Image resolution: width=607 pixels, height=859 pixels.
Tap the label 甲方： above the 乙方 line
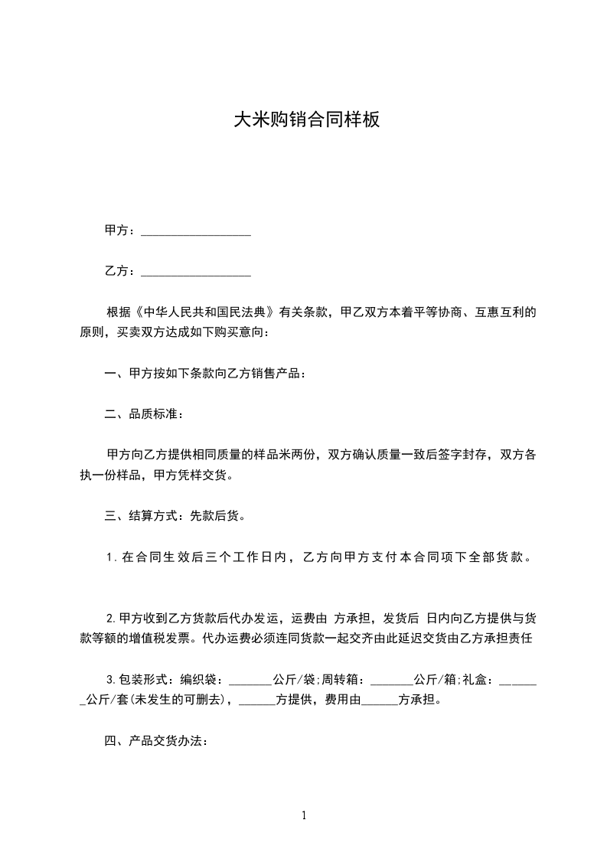click(121, 230)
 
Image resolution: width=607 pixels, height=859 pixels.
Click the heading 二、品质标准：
click(144, 414)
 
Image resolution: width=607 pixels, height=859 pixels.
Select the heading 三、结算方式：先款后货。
click(175, 516)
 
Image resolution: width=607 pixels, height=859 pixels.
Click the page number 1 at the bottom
click(304, 815)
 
